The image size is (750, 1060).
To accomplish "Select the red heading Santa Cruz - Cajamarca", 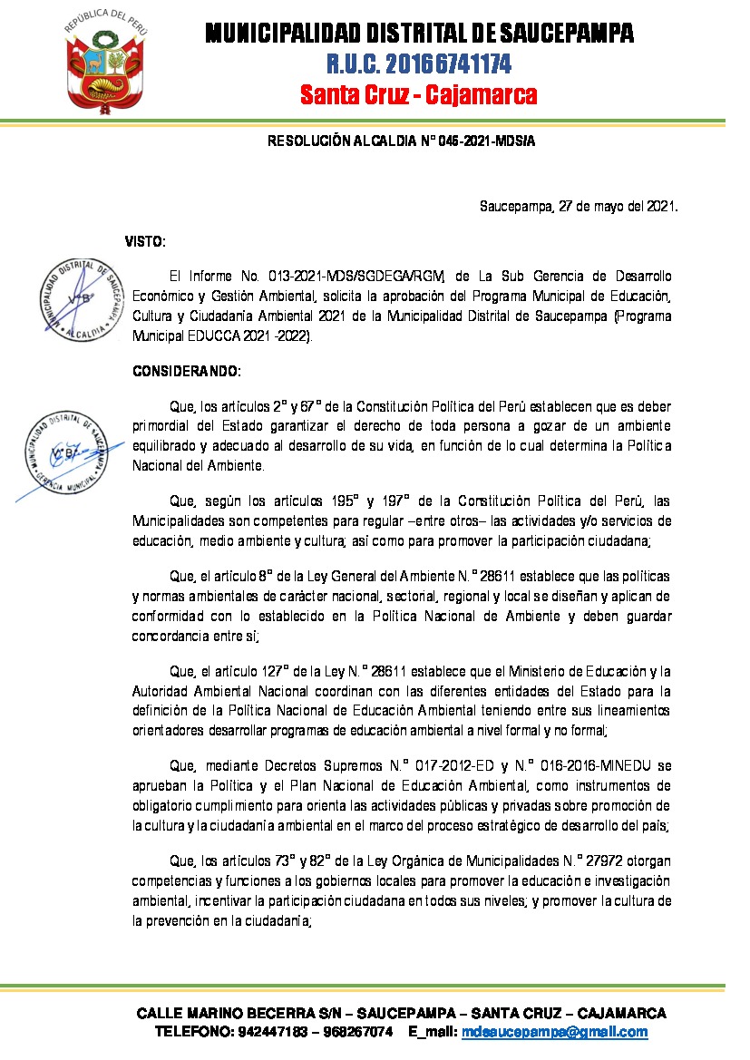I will pyautogui.click(x=419, y=94).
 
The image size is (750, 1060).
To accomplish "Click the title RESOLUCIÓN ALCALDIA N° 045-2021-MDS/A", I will pyautogui.click(x=401, y=141).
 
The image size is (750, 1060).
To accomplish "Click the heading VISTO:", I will pyautogui.click(x=145, y=241).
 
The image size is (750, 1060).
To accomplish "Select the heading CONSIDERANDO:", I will pyautogui.click(x=187, y=372).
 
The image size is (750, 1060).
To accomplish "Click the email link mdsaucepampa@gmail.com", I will pyautogui.click(x=555, y=1032).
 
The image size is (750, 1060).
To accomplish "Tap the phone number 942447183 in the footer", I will pyautogui.click(x=270, y=1032).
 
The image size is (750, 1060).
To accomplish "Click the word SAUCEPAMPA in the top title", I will pyautogui.click(x=555, y=34).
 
